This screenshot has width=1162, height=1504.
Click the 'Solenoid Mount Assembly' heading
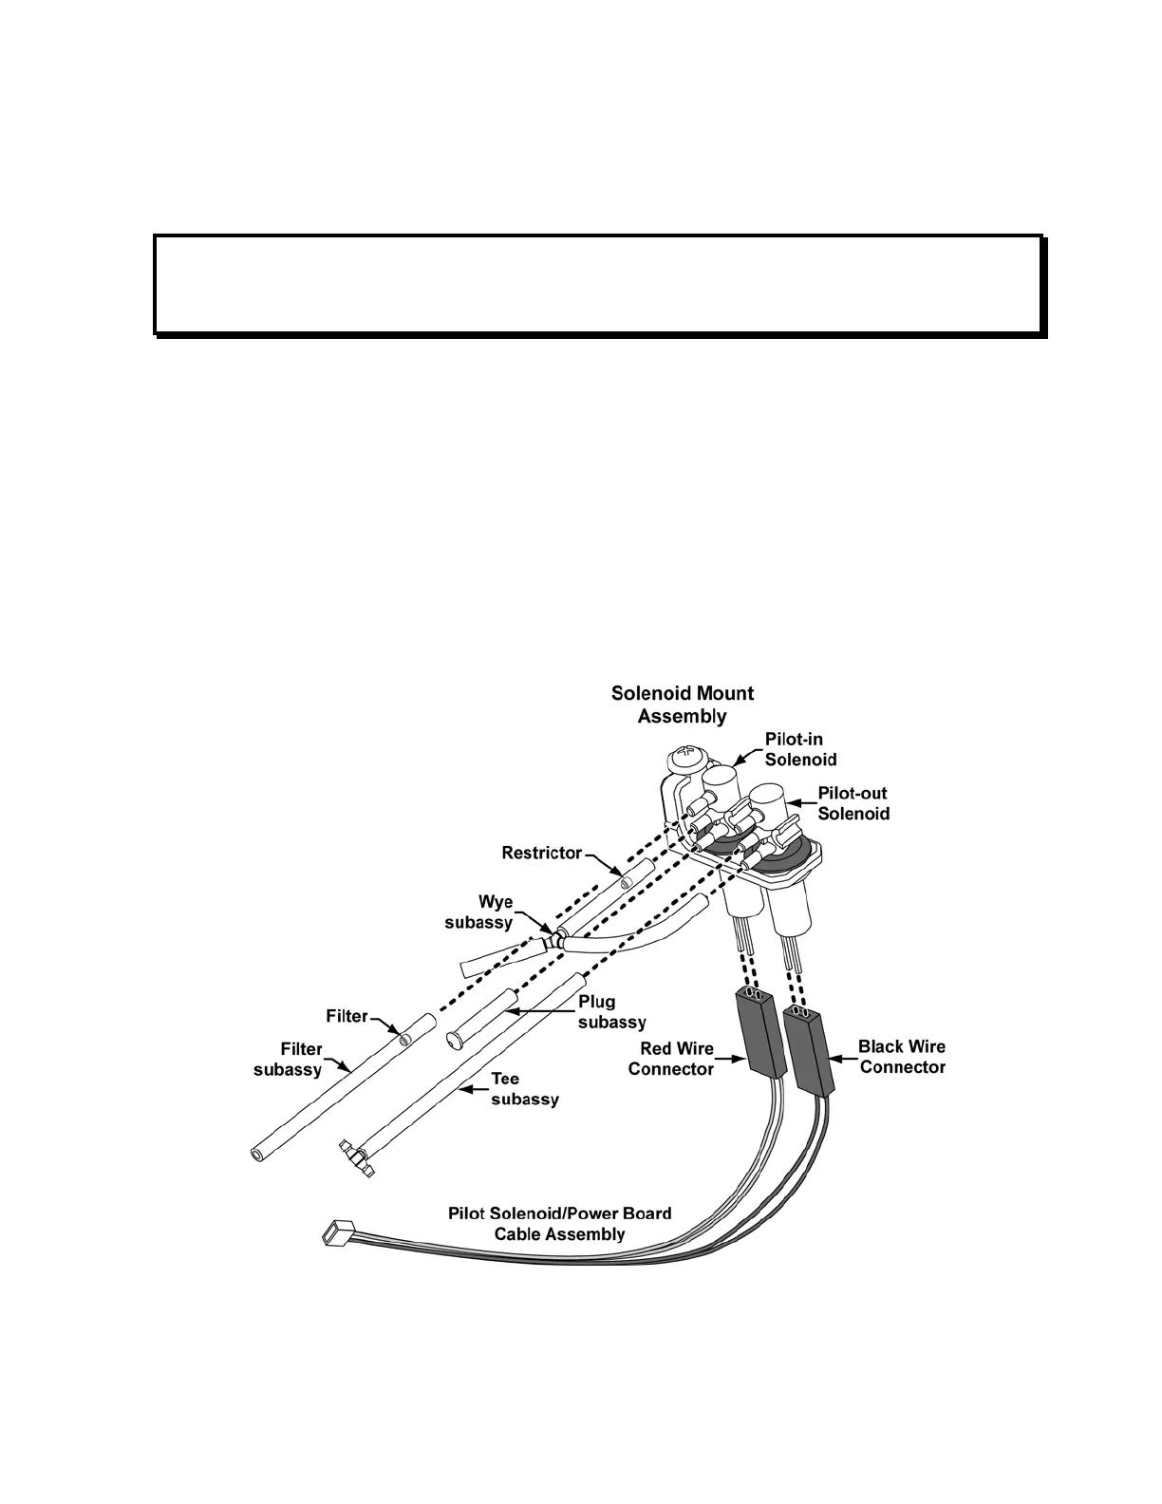point(683,705)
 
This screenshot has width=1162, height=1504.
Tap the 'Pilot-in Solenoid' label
point(800,749)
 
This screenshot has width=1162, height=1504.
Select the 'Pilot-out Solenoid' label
point(853,803)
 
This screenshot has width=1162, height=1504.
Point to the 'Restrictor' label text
point(541,853)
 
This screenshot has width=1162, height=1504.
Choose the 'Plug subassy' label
point(611,1012)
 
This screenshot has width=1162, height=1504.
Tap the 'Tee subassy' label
point(524,1089)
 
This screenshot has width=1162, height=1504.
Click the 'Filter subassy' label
point(288,1060)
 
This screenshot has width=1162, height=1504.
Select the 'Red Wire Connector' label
point(670,1059)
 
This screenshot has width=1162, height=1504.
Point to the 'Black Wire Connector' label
point(902,1057)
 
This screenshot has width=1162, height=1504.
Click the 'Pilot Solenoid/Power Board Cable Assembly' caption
point(559,1224)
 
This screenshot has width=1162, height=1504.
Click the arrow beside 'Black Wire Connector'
point(843,1057)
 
